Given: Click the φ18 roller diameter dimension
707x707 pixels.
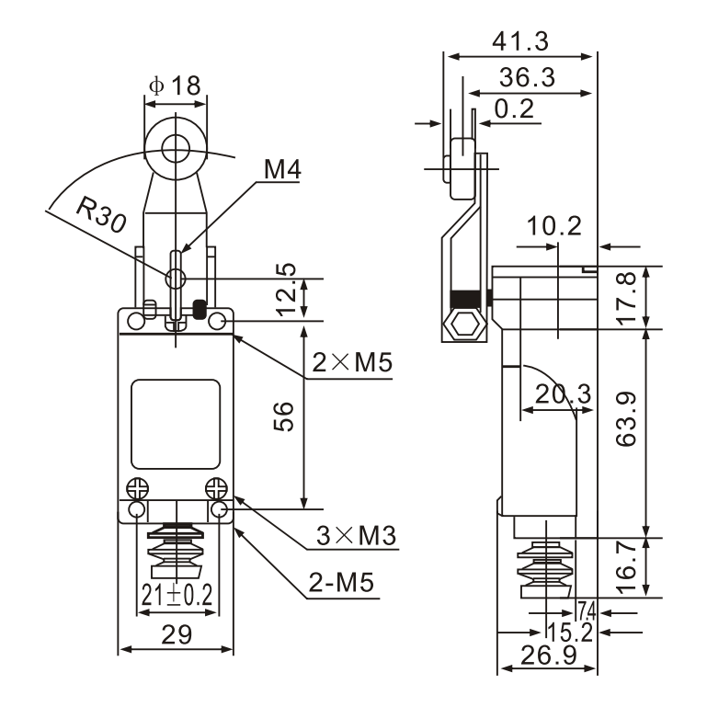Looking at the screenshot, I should click(x=174, y=86).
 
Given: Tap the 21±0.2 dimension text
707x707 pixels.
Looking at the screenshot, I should click(x=177, y=596).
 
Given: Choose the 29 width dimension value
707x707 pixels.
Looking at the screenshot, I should click(x=177, y=634).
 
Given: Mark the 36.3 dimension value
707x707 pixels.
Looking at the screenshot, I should click(x=527, y=77).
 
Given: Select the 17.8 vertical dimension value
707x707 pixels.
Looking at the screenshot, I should click(x=627, y=297).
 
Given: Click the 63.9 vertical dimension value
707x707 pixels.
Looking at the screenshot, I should click(x=627, y=419).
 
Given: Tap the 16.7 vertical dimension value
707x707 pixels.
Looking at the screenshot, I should click(x=627, y=565).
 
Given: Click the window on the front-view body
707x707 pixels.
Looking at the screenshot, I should click(x=176, y=424).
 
